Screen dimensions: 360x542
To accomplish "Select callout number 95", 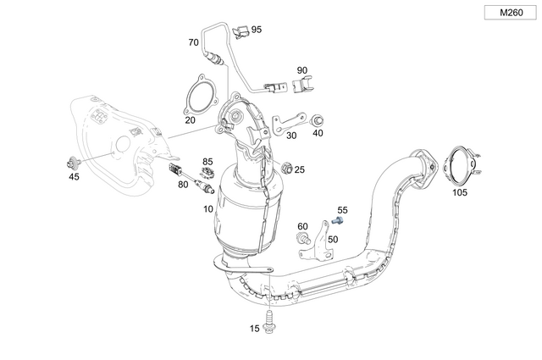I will [x=256, y=30].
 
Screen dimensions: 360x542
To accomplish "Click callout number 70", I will [x=193, y=42].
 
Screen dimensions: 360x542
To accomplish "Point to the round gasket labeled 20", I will [x=198, y=94].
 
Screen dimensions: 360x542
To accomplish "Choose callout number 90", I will [x=302, y=70].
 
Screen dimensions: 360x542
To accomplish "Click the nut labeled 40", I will [x=318, y=119].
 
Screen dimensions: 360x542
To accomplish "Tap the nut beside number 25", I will [x=285, y=167].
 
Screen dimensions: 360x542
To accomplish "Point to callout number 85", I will [x=207, y=161].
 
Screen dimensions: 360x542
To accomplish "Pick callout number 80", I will [x=183, y=184].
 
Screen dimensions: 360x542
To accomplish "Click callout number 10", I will [x=207, y=208].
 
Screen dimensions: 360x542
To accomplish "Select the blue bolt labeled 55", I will [x=339, y=220].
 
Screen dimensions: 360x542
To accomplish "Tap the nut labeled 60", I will [x=302, y=240].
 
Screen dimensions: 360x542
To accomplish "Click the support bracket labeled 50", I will [x=322, y=237].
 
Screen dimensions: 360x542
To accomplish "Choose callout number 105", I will [x=459, y=192].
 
